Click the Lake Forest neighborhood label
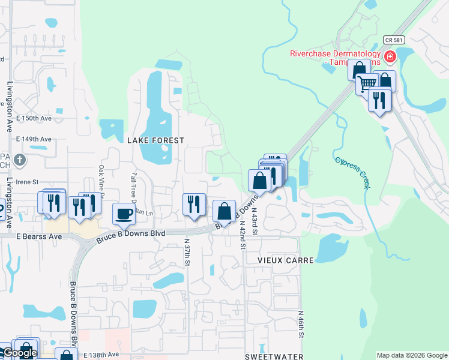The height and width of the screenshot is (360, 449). pos(155,140)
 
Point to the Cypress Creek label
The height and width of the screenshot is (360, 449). pos(352,173)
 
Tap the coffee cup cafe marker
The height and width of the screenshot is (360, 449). pos(124,214)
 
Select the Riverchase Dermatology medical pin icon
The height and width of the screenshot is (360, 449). pos(390,57)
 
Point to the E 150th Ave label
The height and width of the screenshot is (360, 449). pos(34,119)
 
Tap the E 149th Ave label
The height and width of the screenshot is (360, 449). pos(34,139)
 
